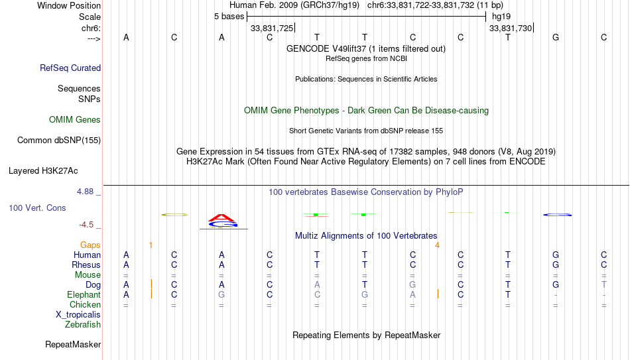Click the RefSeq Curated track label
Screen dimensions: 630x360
(x=70, y=68)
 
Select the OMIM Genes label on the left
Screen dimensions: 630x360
(x=75, y=120)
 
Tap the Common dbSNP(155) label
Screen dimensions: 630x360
(x=59, y=141)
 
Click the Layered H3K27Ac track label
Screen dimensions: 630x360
(x=43, y=171)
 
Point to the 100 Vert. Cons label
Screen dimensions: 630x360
(x=37, y=208)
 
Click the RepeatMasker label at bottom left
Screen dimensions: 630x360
(x=73, y=344)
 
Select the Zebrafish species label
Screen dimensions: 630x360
(x=83, y=324)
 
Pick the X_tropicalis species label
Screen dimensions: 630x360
(x=78, y=315)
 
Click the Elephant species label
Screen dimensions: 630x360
(x=84, y=294)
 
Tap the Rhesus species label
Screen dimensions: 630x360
(x=86, y=265)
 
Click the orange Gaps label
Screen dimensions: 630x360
(x=90, y=245)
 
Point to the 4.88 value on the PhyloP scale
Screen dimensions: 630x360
(x=85, y=192)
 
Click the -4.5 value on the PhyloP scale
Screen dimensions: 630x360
(x=86, y=225)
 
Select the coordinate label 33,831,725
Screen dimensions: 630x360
(x=272, y=28)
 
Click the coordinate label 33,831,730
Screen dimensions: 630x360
(x=511, y=28)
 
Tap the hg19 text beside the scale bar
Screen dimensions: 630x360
(x=501, y=17)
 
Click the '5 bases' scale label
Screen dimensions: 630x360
(x=229, y=17)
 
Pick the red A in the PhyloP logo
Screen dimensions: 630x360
(x=221, y=217)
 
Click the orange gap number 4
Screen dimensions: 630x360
(x=437, y=245)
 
